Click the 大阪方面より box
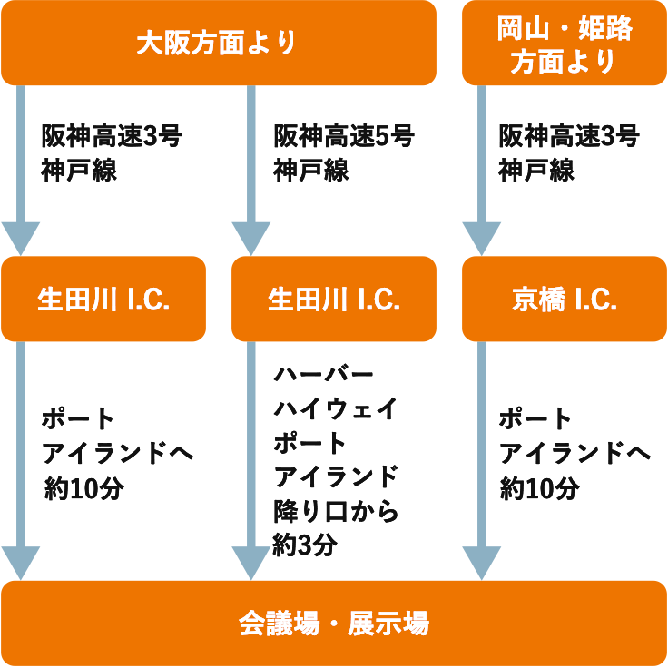[x=218, y=43]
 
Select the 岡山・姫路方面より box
[x=564, y=43]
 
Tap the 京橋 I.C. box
[x=564, y=299]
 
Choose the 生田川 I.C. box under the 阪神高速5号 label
[x=333, y=299]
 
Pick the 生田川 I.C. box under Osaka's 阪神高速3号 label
[x=103, y=299]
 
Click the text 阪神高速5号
[x=344, y=137]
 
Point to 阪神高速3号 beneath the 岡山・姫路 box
[x=569, y=137]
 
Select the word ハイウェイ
[x=336, y=408]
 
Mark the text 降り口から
[x=336, y=511]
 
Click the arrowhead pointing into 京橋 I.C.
[x=482, y=239]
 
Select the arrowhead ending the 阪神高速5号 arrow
[x=251, y=239]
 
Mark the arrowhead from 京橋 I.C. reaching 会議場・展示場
[x=482, y=563]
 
